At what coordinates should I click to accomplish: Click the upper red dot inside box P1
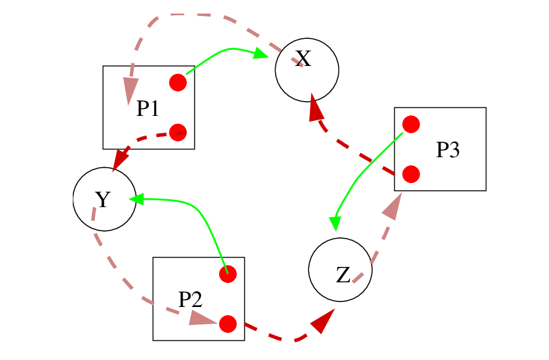tap(178, 83)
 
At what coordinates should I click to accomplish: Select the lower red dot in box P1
tap(178, 132)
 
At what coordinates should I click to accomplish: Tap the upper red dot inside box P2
tap(228, 274)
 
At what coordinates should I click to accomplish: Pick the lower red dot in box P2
tap(228, 324)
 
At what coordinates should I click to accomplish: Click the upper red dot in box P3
tap(411, 125)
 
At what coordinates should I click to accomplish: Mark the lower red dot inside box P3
tap(411, 174)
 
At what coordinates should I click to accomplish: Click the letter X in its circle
tap(302, 59)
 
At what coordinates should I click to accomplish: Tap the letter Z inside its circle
tap(343, 275)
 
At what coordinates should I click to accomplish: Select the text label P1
tap(148, 109)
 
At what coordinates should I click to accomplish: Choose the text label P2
tap(190, 300)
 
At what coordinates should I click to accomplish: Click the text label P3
tap(448, 150)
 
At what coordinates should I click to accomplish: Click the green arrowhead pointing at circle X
tap(260, 55)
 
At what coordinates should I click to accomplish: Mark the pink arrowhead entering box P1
tap(129, 90)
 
